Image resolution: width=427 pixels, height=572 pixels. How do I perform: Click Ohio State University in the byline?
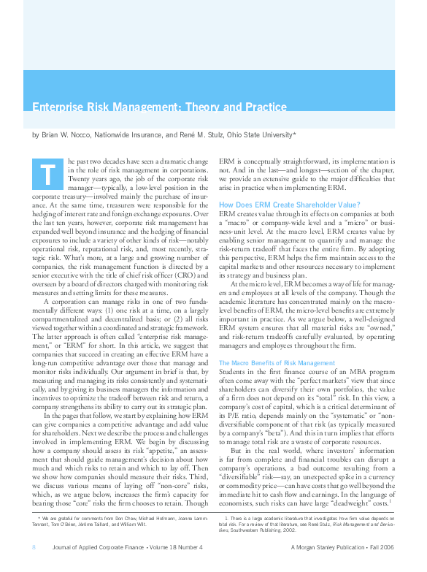(x=274, y=135)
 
